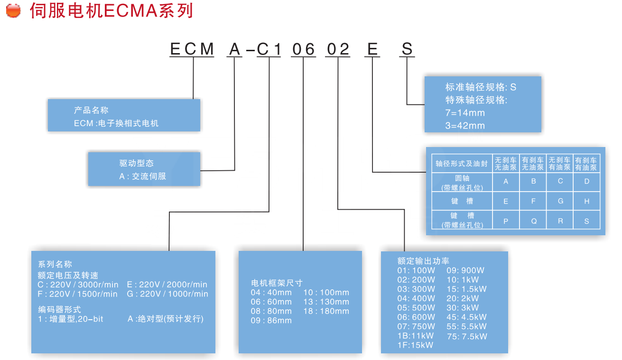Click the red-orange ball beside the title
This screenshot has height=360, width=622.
[x=13, y=11]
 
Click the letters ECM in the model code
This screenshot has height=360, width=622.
[x=192, y=49]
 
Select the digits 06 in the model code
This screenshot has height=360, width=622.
[x=303, y=49]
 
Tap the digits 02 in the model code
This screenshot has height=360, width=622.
[x=338, y=49]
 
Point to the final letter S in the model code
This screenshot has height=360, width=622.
[x=407, y=49]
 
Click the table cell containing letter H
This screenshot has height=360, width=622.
[x=587, y=201]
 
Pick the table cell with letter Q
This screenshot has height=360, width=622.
[x=533, y=221]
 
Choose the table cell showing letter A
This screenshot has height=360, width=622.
[x=506, y=181]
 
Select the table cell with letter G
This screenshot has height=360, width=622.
[x=560, y=201]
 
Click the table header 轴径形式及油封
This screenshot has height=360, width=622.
[x=462, y=164]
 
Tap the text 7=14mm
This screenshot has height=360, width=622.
[x=465, y=113]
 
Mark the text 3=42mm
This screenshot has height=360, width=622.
[x=465, y=126]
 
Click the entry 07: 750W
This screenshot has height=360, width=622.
[x=416, y=326]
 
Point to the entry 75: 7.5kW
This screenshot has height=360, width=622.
[x=467, y=336]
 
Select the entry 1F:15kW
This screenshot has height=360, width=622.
[x=415, y=345]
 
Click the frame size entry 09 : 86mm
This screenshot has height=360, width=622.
[x=271, y=320]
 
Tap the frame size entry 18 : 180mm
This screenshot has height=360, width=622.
[x=326, y=311]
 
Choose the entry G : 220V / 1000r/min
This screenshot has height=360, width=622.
[x=167, y=294]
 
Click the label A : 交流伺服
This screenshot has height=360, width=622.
[x=142, y=176]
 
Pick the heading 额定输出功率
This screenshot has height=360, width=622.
[x=423, y=261]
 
